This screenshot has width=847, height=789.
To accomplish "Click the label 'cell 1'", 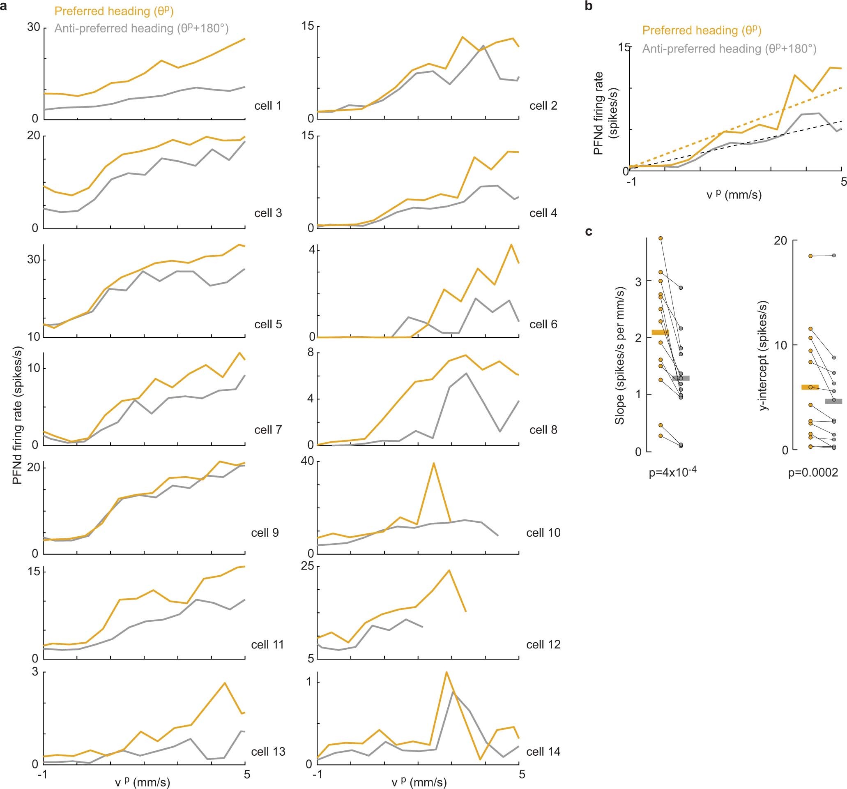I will pos(267,106).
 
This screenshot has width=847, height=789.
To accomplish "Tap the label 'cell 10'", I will pos(543,533).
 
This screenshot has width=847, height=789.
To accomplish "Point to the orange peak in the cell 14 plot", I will pos(446,672).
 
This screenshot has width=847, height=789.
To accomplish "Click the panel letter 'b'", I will pos(589,7).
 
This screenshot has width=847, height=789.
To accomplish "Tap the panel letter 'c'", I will pos(589,231).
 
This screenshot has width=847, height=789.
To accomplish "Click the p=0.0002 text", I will pos(813,473).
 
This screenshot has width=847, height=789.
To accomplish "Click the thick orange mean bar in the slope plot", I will pos(661,332).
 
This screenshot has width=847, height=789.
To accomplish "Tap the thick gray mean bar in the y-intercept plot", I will pos(833,401).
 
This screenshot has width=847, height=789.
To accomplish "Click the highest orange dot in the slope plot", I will pos(661,238).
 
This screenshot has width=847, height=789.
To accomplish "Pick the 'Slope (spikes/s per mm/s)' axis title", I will pos(619,356).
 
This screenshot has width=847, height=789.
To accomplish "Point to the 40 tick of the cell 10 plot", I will pos(308,461).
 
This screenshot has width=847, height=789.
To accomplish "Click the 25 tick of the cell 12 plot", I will pos(308,566).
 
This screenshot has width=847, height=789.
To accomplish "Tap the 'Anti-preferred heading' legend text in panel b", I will pos(729,49).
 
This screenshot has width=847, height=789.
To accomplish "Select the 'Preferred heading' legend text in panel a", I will pos(114,11).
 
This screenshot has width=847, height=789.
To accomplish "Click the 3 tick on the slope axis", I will pos(638,281).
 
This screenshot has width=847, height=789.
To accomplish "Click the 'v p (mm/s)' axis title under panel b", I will pos(734,195).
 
